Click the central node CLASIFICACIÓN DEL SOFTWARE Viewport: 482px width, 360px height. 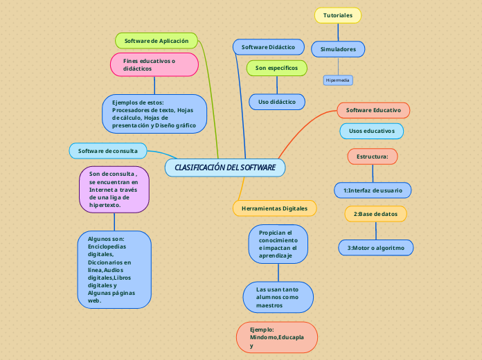tap(225, 168)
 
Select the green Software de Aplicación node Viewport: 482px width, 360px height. tap(157, 41)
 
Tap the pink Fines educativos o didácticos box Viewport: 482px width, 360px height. tap(154, 65)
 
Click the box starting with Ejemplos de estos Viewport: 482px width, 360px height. tap(154, 114)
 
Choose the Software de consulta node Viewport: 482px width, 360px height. tap(107, 150)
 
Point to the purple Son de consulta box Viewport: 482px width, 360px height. tap(114, 189)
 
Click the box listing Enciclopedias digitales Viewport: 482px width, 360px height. tap(114, 269)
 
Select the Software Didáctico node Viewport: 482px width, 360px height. tap(268, 47)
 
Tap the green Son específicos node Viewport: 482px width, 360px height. tap(276, 68)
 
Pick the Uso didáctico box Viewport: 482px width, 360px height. tap(276, 102)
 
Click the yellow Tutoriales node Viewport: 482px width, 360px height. tap(337, 15)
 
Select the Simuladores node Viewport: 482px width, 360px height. tap(338, 49)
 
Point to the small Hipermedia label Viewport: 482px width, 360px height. tap(338, 80)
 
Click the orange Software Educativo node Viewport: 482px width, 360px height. tap(373, 110)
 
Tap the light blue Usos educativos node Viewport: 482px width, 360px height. tap(371, 131)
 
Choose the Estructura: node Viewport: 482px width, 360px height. tap(372, 156)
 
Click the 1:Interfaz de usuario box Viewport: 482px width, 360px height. tap(373, 190)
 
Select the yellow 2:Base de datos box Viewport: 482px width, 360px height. tap(375, 214)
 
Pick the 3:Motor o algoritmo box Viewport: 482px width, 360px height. tap(375, 247)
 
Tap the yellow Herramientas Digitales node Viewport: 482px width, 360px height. tap(274, 208)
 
